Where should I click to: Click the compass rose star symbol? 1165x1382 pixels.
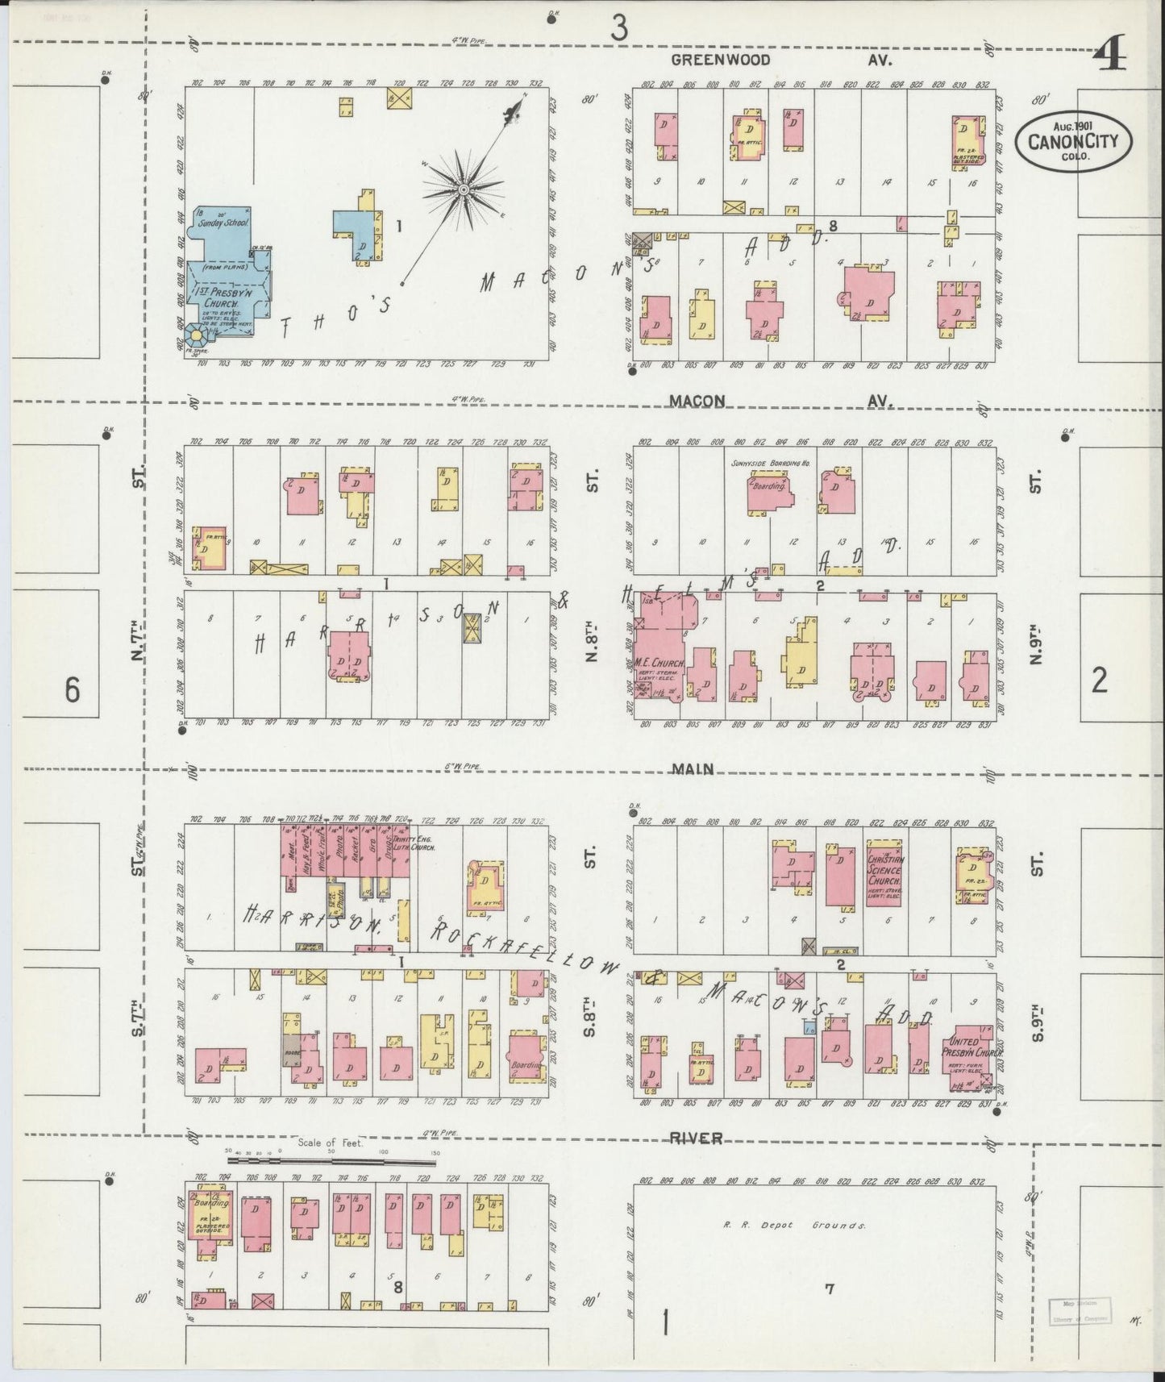[x=464, y=189]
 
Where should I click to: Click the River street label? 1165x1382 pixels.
[x=696, y=1138]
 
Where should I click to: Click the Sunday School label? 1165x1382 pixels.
[x=227, y=220]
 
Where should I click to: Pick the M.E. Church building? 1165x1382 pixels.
[x=659, y=657]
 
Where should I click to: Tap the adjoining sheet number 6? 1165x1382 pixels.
[x=73, y=690]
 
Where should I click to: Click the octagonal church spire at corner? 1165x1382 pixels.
[x=195, y=333]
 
